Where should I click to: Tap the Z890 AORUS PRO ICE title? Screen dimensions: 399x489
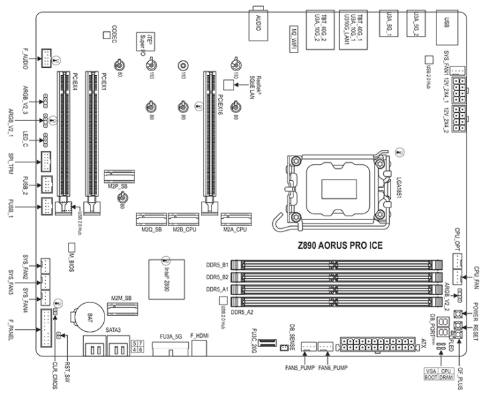341,243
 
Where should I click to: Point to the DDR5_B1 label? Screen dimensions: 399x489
217,265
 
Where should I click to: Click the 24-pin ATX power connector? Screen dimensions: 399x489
376,345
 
